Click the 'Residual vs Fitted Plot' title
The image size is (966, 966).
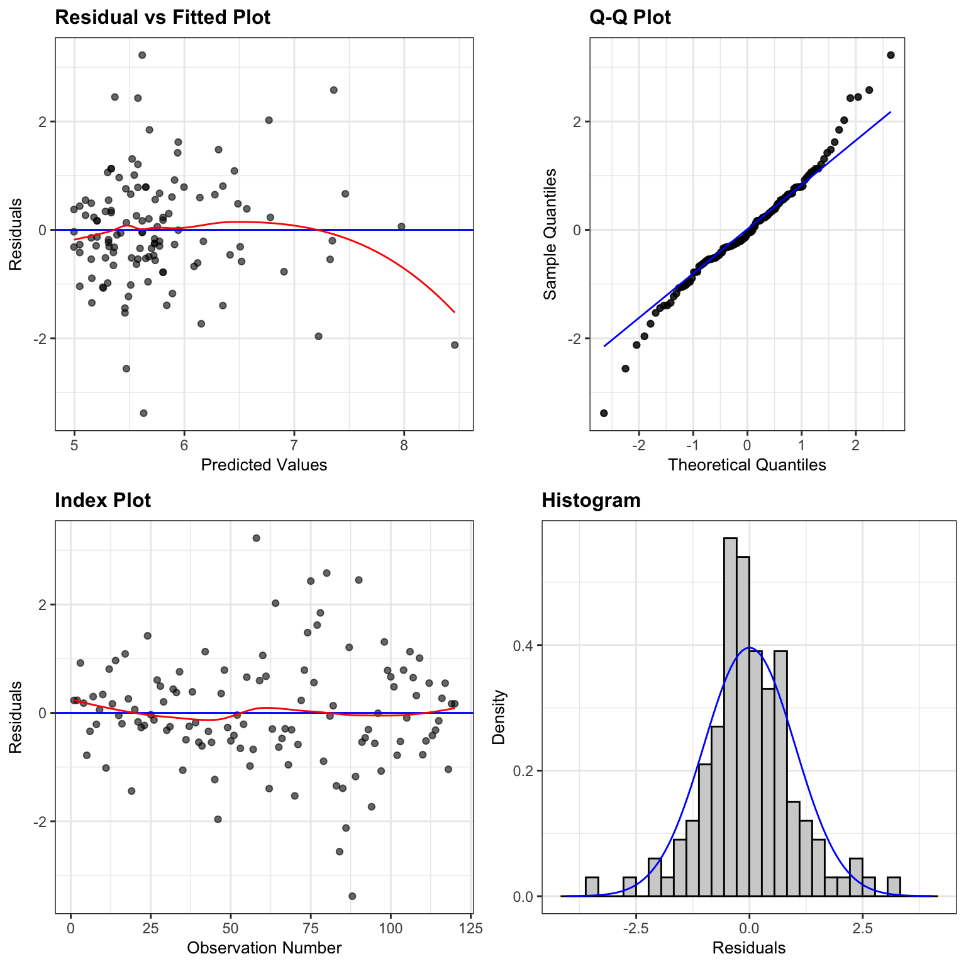tap(163, 17)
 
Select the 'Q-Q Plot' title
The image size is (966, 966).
tap(630, 17)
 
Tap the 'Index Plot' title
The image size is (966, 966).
tap(103, 500)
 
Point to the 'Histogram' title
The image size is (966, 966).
tap(591, 500)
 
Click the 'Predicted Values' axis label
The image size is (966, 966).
tap(264, 465)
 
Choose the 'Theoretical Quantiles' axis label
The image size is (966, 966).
tap(747, 465)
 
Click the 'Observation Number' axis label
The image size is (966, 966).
tap(264, 948)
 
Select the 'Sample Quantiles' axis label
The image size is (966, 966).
tap(550, 234)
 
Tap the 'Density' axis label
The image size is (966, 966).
tap(499, 717)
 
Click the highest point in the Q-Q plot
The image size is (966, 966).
tap(891, 55)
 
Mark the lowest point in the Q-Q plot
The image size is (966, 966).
tap(604, 413)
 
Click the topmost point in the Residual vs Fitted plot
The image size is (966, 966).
tap(142, 55)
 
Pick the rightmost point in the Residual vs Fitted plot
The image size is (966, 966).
tap(455, 345)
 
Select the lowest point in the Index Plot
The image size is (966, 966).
tap(352, 896)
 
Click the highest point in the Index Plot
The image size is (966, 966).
tap(256, 538)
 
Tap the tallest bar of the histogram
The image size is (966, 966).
tap(730, 717)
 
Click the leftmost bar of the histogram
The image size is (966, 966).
tap(592, 887)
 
